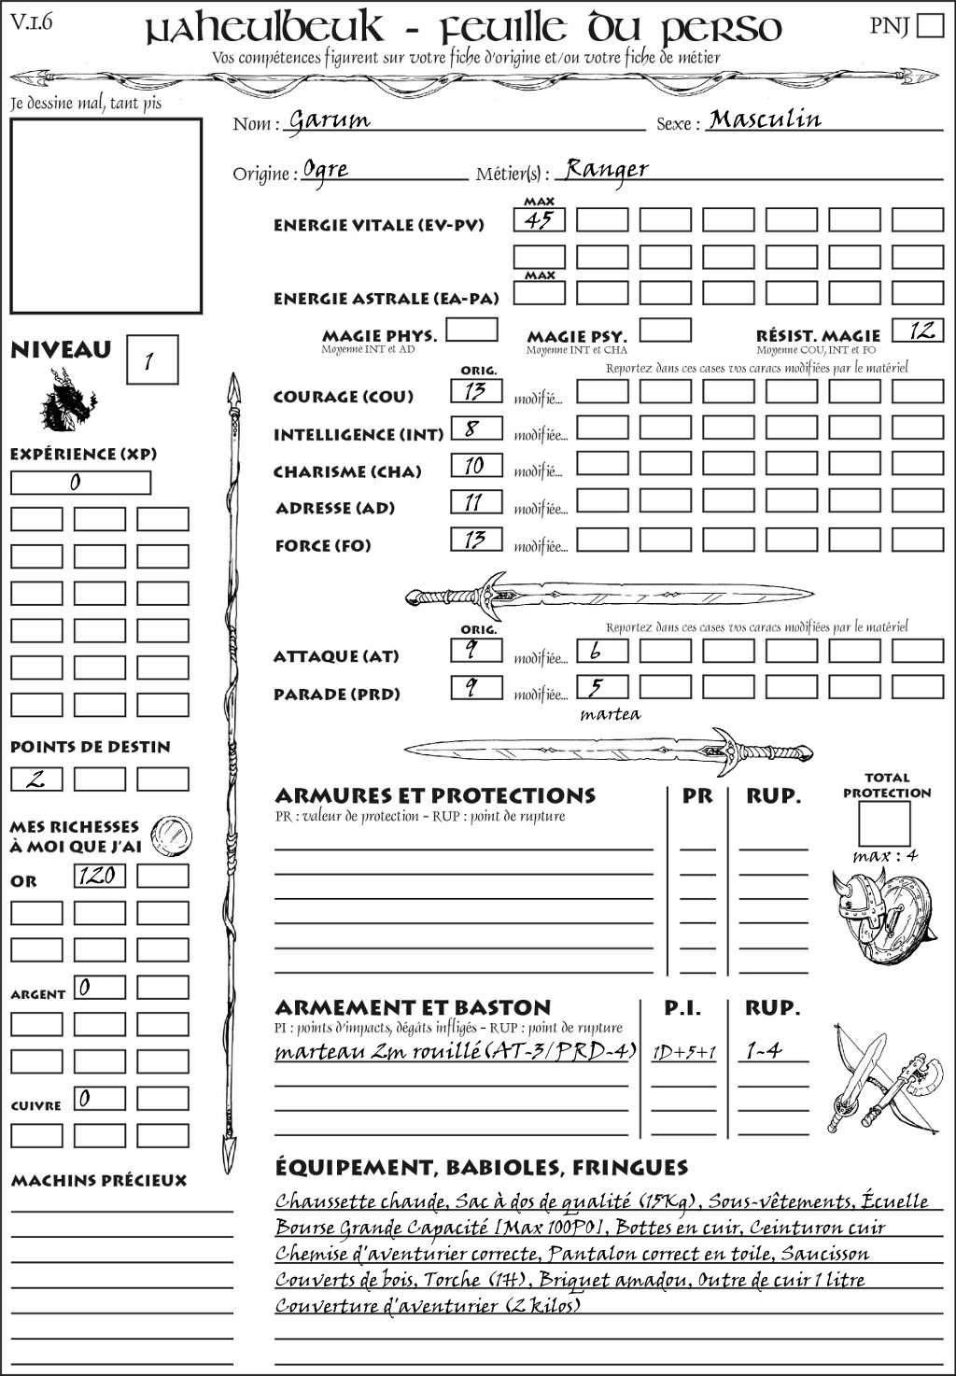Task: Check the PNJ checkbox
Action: point(930,25)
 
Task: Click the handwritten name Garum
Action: point(329,120)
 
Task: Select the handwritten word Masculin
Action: point(765,119)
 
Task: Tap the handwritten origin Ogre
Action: point(326,170)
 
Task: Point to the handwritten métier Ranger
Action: point(606,169)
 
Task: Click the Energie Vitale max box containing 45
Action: point(539,220)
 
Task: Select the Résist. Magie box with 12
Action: point(917,330)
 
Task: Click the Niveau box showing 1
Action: point(151,360)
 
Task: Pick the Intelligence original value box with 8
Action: point(475,428)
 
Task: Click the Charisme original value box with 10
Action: point(475,465)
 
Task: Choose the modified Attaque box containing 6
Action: point(601,651)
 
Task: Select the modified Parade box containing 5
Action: point(601,688)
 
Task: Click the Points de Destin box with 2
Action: point(36,779)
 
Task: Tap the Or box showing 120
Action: point(99,876)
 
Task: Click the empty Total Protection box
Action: point(883,823)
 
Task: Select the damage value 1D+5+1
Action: point(683,1052)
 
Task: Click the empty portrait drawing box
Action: point(105,216)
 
